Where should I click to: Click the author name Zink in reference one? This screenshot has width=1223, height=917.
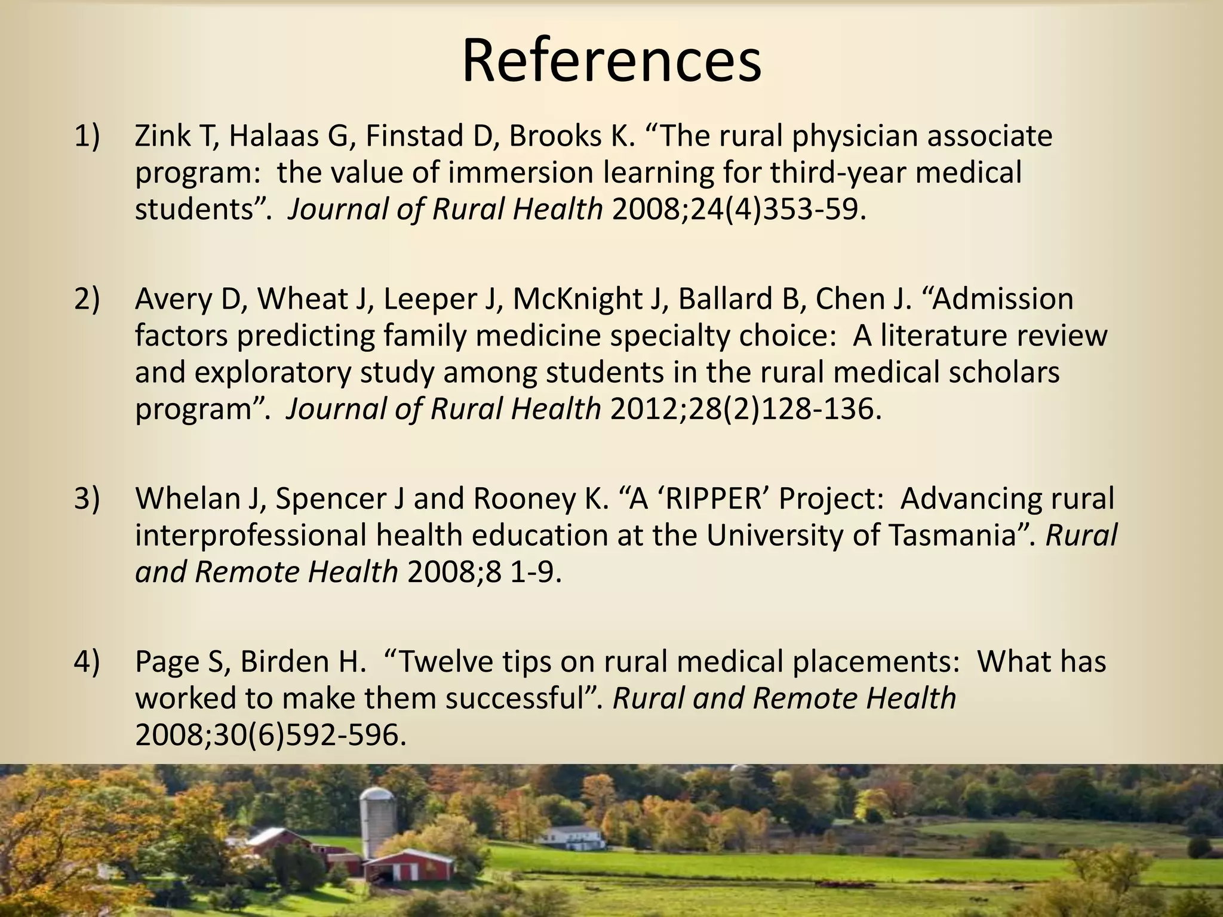[x=160, y=137]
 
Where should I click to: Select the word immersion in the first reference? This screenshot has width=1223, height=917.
[x=519, y=173]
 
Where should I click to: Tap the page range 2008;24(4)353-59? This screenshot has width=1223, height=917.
[x=739, y=209]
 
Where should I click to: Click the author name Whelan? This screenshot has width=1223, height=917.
[x=187, y=498]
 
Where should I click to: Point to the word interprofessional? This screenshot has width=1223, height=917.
[x=250, y=536]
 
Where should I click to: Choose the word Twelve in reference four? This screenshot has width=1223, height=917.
[x=446, y=661]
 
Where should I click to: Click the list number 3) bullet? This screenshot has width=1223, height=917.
[x=87, y=498]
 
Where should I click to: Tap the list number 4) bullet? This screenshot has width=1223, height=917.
[x=87, y=661]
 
